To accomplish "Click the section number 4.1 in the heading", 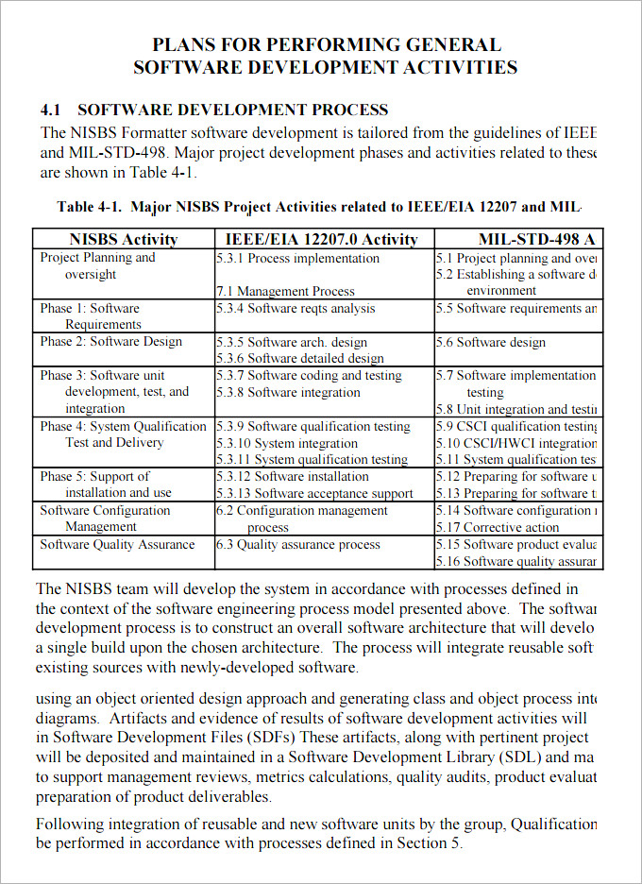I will coord(51,110).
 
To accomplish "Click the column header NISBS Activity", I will coord(123,239).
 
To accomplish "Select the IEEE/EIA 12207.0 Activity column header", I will coord(321,239).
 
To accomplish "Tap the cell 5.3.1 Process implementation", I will coord(297,258).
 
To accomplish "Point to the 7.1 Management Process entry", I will coord(285,291).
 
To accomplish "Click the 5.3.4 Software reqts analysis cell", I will coord(296,308).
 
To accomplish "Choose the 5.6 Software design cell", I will coord(490,342).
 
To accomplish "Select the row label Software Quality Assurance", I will coord(117,544).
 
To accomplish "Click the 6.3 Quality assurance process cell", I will coord(297,544).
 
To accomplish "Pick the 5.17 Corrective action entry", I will coord(498,527).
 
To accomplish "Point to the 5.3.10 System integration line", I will coord(287,443).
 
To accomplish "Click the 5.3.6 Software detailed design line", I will coord(299,358).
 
